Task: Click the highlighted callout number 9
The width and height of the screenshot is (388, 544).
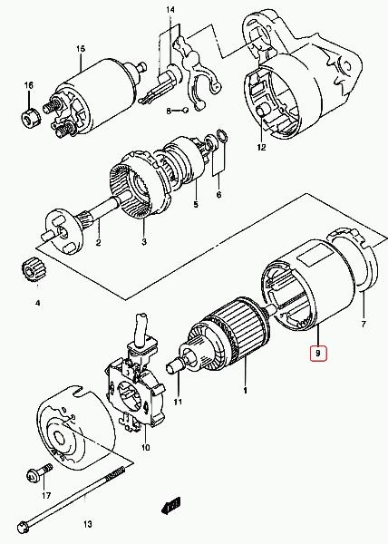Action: [x=318, y=354]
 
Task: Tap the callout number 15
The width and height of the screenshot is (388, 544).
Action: [x=81, y=49]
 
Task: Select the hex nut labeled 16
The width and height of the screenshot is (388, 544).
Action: [x=31, y=117]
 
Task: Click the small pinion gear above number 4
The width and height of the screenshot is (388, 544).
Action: [x=34, y=272]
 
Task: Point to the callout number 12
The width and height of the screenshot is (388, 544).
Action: [x=261, y=147]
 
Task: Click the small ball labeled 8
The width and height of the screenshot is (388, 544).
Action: [x=186, y=111]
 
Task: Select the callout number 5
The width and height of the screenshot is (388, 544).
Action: [x=196, y=204]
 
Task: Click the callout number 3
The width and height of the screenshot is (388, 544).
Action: [x=144, y=241]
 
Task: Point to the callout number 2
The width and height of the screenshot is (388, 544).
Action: [x=99, y=242]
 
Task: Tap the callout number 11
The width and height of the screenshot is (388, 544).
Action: [x=178, y=402]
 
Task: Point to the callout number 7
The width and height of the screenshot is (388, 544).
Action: [x=364, y=325]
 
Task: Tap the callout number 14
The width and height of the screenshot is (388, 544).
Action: [x=170, y=10]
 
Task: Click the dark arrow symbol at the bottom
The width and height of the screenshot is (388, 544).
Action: [x=171, y=504]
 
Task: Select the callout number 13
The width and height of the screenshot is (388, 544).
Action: [x=88, y=524]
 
